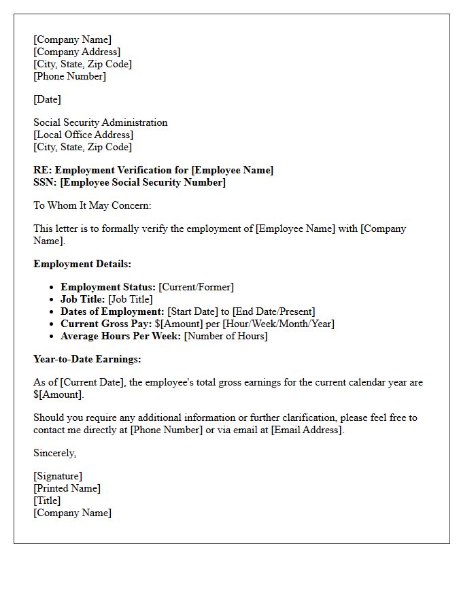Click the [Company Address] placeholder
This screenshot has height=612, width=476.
pyautogui.click(x=77, y=52)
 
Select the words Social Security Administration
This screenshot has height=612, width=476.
pyautogui.click(x=100, y=122)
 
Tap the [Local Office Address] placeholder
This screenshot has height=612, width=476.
pyautogui.click(x=83, y=135)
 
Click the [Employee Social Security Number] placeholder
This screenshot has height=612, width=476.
pyautogui.click(x=143, y=182)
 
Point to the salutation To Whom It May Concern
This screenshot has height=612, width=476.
pyautogui.click(x=92, y=205)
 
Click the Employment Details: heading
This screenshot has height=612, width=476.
pyautogui.click(x=82, y=264)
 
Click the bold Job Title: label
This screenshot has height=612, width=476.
pyautogui.click(x=82, y=299)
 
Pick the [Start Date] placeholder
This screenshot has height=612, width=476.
pyautogui.click(x=194, y=311)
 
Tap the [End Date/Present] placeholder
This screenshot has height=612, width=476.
pyautogui.click(x=273, y=311)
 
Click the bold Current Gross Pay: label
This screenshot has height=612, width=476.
pyautogui.click(x=106, y=324)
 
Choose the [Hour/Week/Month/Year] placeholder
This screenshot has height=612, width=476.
pyautogui.click(x=278, y=324)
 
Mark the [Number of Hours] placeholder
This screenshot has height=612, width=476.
pyautogui.click(x=226, y=336)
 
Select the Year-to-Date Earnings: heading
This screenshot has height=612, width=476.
pyautogui.click(x=87, y=359)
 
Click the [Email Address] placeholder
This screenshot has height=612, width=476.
pyautogui.click(x=307, y=430)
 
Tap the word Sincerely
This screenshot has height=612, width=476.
pyautogui.click(x=54, y=453)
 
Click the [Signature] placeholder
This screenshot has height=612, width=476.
pyautogui.click(x=58, y=476)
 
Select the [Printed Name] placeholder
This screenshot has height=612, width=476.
pyautogui.click(x=67, y=488)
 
